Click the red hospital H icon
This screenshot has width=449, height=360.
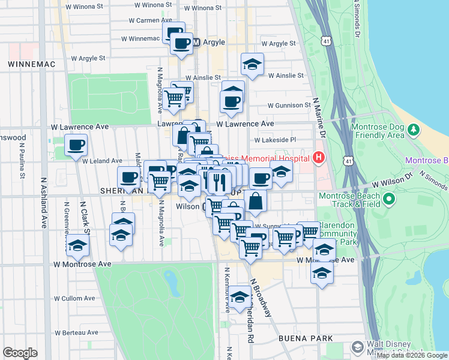point(318,158)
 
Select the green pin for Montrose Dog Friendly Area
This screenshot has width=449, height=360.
point(413,130)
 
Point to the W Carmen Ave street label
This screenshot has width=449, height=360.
point(151,20)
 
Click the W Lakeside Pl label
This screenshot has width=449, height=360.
point(276,140)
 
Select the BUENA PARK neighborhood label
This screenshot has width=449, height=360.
point(306,338)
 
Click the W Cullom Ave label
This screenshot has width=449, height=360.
point(74,298)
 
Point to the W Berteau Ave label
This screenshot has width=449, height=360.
point(76,332)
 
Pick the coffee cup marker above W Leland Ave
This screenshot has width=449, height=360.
point(76,145)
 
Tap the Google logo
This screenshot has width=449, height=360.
point(20,353)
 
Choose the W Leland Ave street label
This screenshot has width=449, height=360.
point(102,161)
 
